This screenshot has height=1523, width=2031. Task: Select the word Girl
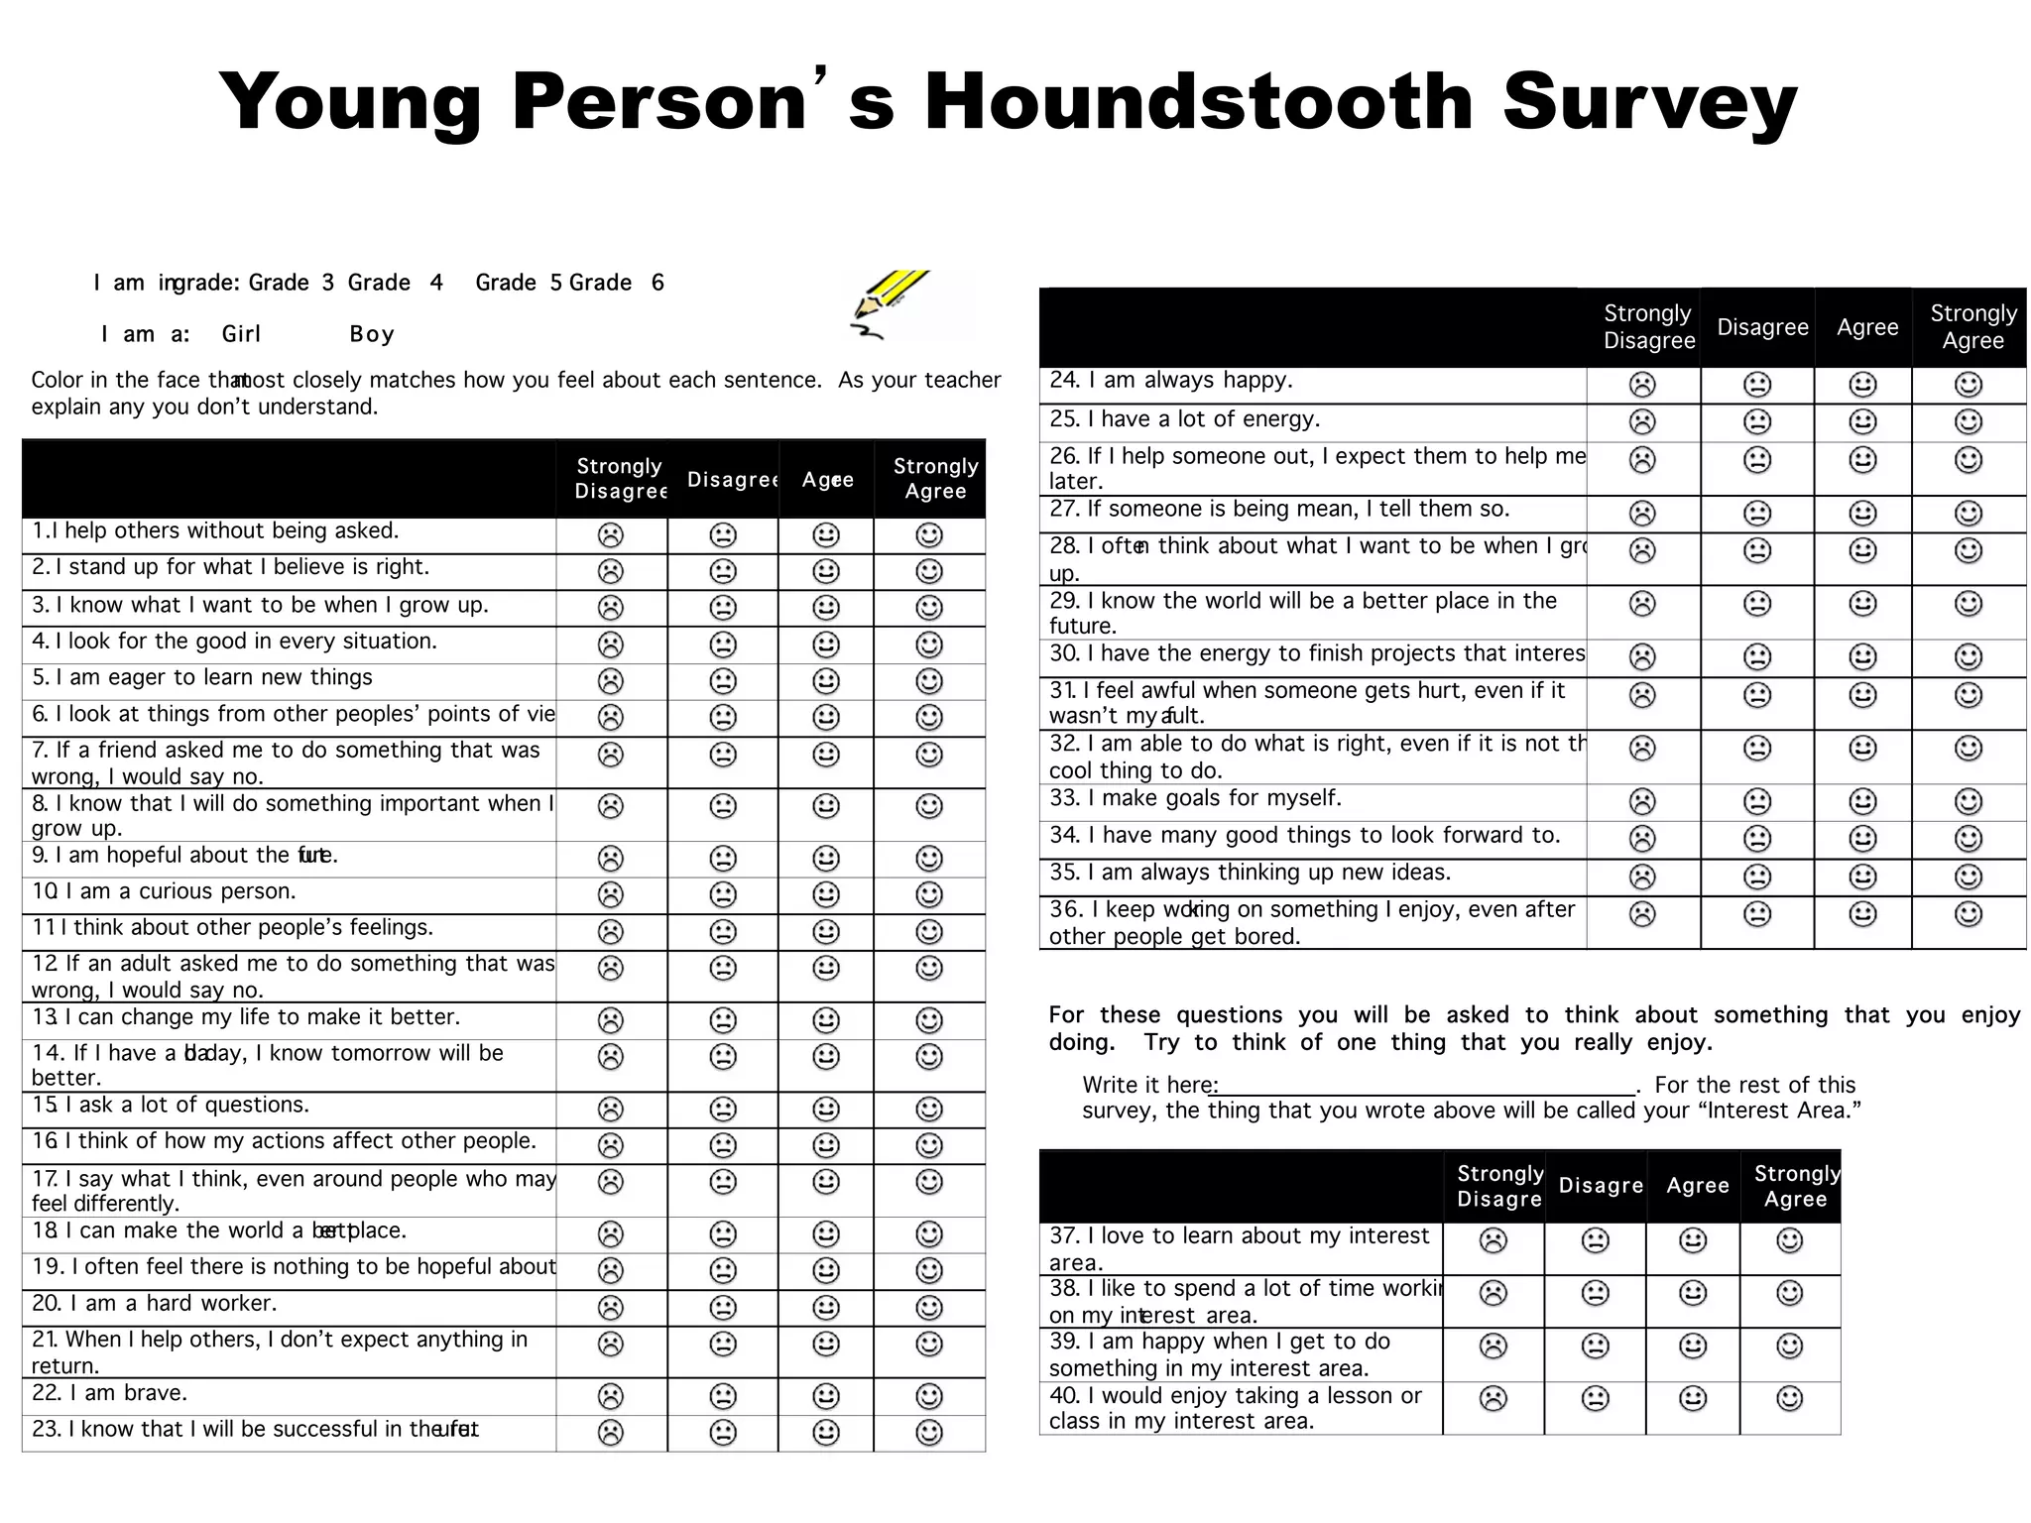click(x=241, y=334)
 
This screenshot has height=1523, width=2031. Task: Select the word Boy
click(x=372, y=334)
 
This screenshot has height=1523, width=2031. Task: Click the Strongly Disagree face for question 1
click(x=611, y=535)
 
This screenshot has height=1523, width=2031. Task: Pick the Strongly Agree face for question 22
click(x=928, y=1396)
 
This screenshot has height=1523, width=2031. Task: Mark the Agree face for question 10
click(x=825, y=894)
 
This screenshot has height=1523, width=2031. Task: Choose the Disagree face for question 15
click(x=723, y=1109)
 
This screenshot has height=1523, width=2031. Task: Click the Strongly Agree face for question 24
click(x=1968, y=384)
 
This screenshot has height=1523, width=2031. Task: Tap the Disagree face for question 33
click(x=1756, y=801)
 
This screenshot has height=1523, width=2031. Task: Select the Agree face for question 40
click(x=1693, y=1399)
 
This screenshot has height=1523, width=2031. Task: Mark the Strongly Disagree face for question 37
click(x=1493, y=1240)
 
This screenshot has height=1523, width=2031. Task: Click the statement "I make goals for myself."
click(x=1214, y=798)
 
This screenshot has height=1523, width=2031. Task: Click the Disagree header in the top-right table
click(x=1762, y=327)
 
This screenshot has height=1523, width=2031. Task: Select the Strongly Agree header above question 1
click(x=934, y=478)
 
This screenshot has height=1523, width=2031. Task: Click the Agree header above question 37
click(x=1697, y=1186)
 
